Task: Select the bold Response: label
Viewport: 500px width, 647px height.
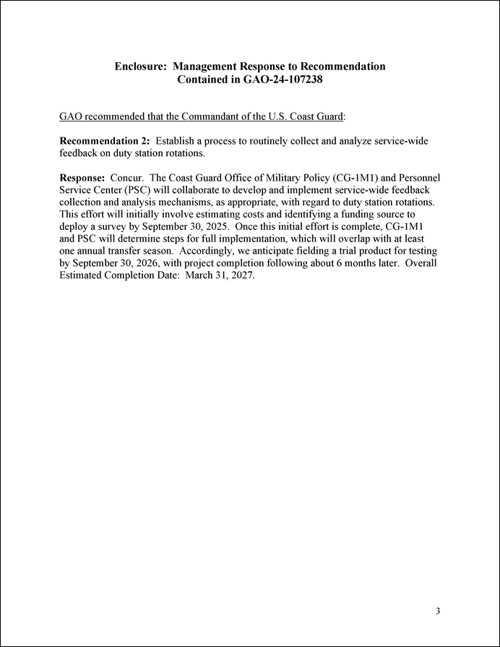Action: coord(82,177)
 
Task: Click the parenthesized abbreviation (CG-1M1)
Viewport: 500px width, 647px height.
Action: coord(358,177)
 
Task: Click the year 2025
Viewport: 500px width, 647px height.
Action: coord(217,227)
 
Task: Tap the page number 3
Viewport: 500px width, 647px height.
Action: coord(439,612)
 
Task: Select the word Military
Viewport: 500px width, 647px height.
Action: coord(283,177)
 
